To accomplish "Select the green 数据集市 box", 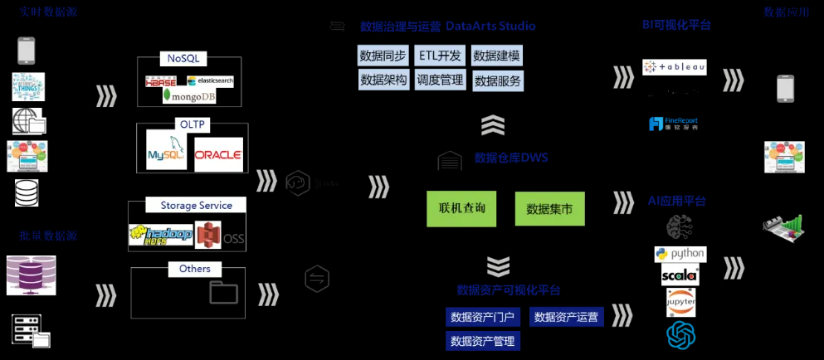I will point(549,209).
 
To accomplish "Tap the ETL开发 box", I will point(440,56).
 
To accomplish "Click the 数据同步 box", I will point(383,56).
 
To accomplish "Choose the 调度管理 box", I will point(440,80).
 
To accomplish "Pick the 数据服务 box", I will point(498,80).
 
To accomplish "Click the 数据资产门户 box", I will point(483,316).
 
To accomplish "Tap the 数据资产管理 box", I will point(482,340).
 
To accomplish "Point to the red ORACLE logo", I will point(218,154).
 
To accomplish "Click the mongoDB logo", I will point(189,96).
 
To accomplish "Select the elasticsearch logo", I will point(211,80).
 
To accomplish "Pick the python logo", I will point(680,254).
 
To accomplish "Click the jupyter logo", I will point(680,302).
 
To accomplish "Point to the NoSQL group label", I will point(183,59).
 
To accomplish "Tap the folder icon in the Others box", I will point(223,292).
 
